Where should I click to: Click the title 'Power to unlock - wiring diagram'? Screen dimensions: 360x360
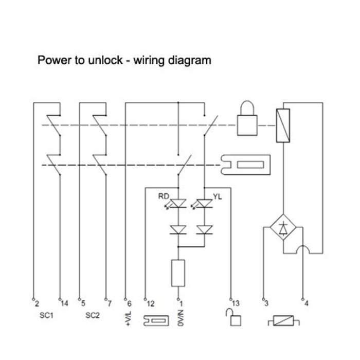pos(124,60)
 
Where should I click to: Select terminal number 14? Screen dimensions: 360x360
pos(64,304)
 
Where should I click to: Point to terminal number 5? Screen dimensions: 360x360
pos(83,304)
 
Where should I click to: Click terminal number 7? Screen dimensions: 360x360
pos(110,304)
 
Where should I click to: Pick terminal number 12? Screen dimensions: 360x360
pos(150,304)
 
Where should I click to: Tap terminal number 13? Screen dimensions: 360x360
pos(236,304)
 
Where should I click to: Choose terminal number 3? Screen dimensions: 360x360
pos(266,304)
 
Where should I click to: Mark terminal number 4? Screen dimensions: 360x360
pos(308,304)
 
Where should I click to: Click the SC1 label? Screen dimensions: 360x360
pos(46,315)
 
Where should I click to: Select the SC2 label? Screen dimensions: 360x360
pos(93,315)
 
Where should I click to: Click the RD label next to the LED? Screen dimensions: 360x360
pos(163,196)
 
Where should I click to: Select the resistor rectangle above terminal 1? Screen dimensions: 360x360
pos(178,273)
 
